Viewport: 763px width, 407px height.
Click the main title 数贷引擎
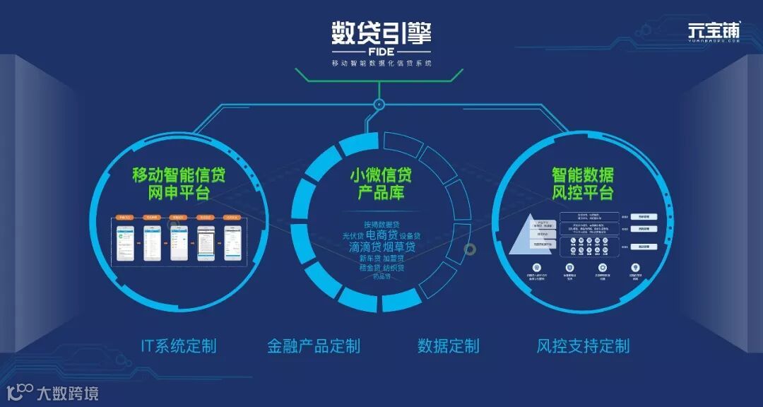[381, 33]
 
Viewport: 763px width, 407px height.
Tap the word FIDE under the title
[381, 52]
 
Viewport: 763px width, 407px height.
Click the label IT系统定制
[179, 346]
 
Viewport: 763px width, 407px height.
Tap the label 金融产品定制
[314, 346]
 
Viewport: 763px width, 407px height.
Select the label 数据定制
[448, 346]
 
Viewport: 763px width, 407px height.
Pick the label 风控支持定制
[583, 346]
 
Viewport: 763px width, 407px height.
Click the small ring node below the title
[379, 105]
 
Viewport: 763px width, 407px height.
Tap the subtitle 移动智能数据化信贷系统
[381, 63]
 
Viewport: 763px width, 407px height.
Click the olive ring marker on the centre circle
[470, 249]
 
